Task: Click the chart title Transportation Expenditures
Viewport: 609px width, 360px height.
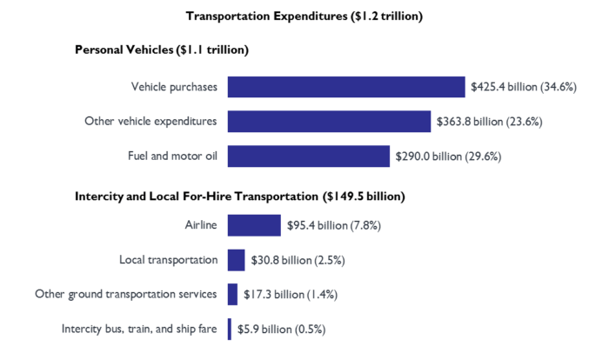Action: pyautogui.click(x=304, y=16)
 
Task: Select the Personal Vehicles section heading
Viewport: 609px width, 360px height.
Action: pyautogui.click(x=162, y=50)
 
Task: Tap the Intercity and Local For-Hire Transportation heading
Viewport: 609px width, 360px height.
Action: pyautogui.click(x=240, y=197)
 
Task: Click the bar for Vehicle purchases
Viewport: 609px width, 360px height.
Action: pyautogui.click(x=346, y=87)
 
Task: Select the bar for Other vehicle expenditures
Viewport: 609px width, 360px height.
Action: pyautogui.click(x=329, y=121)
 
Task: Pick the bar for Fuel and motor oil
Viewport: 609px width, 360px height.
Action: pyautogui.click(x=308, y=156)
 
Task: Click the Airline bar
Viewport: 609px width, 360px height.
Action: pyautogui.click(x=254, y=225)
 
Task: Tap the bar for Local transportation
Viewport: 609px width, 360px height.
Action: pyautogui.click(x=236, y=260)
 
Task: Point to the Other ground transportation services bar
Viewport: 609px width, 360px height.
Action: pyautogui.click(x=232, y=295)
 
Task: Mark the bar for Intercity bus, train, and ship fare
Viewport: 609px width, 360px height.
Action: pyautogui.click(x=230, y=330)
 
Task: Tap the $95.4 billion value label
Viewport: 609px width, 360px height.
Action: pyautogui.click(x=334, y=226)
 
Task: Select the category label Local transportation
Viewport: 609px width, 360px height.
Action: pyautogui.click(x=168, y=260)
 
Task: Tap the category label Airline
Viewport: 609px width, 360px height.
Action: pyautogui.click(x=201, y=225)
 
